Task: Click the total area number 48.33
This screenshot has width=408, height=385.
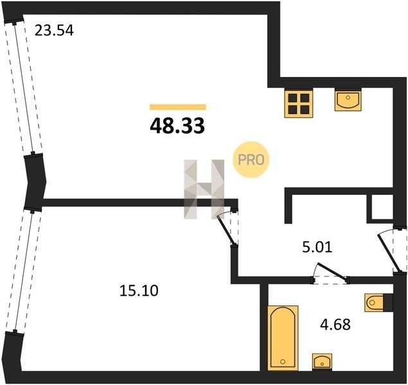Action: coord(177,126)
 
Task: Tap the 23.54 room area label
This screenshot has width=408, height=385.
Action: coord(54,30)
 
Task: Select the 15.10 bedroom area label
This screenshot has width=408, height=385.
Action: coord(139,291)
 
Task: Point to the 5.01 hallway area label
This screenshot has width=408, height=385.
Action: coord(317,247)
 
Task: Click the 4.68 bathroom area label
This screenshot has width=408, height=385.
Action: coord(335,325)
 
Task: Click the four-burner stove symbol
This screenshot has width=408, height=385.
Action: coord(299,104)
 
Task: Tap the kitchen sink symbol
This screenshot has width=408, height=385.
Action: coord(348,99)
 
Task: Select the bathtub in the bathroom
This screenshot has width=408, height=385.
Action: coord(283,338)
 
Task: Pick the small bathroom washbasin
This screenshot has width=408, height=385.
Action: coord(322,361)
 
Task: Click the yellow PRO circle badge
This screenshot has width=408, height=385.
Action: coord(251,160)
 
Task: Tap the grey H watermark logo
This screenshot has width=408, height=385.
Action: coord(204,189)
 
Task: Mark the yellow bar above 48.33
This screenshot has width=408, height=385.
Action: coord(178,107)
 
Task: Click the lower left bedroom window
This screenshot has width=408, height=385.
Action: coord(23,270)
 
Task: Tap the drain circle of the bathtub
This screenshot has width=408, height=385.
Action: coord(283,362)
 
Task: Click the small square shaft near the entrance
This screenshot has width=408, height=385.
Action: coord(380,208)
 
